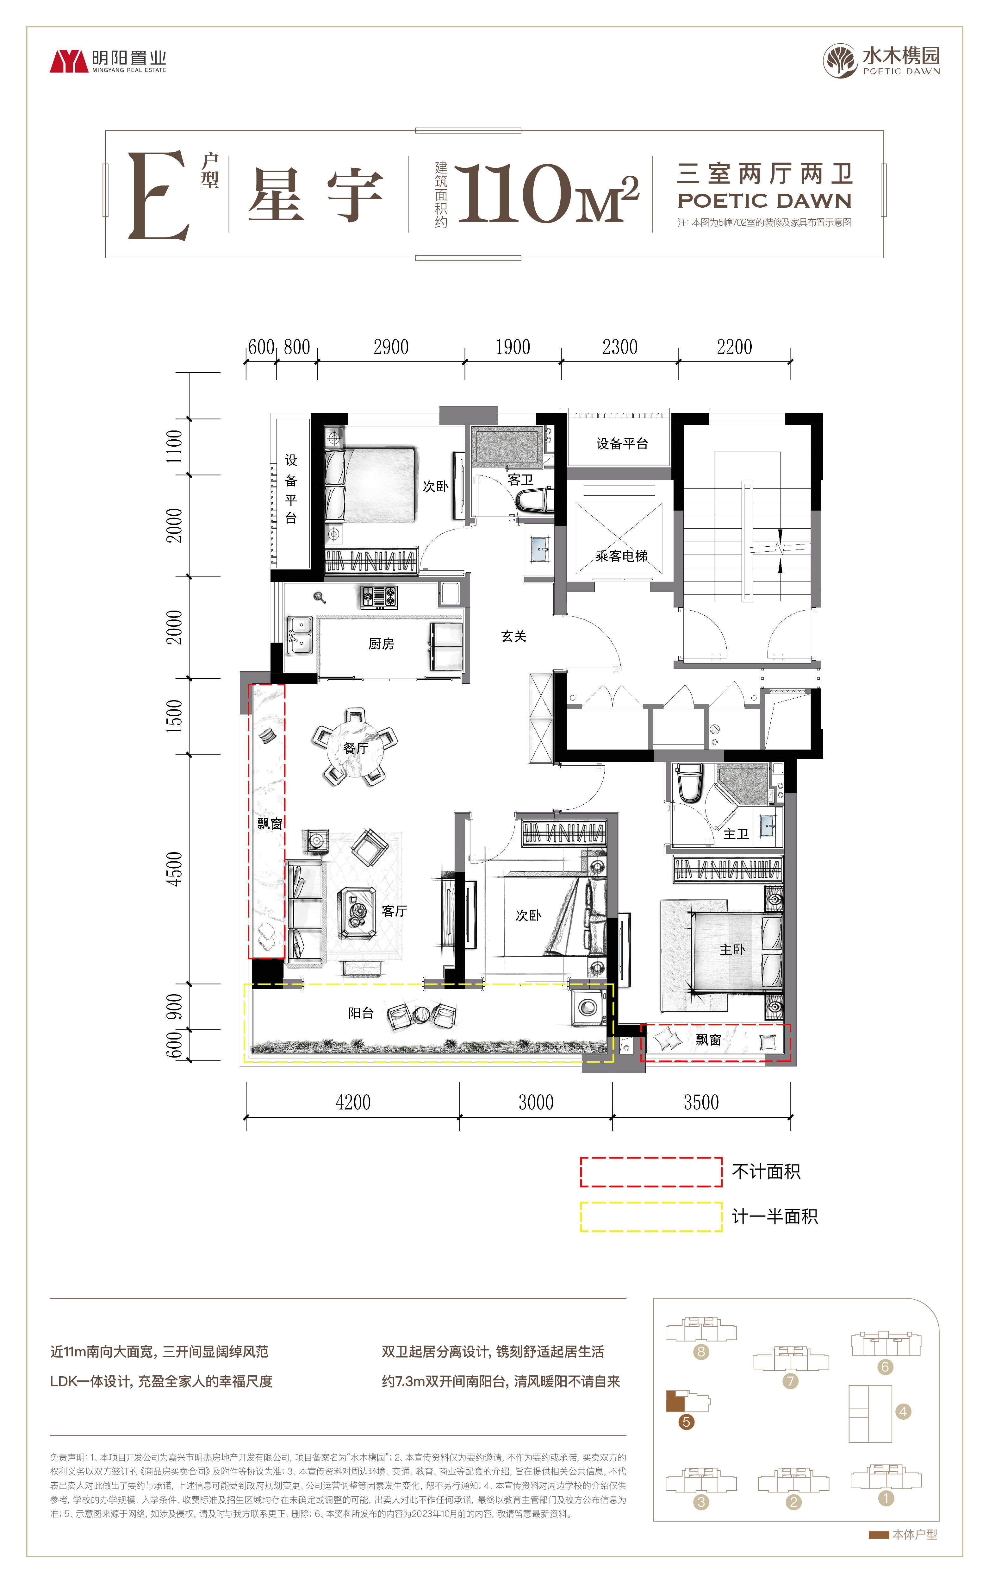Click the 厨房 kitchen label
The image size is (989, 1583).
381,644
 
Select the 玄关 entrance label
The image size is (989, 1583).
513,636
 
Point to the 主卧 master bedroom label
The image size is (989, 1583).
732,950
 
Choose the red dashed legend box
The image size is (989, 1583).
651,1172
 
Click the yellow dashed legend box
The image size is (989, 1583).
651,1216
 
